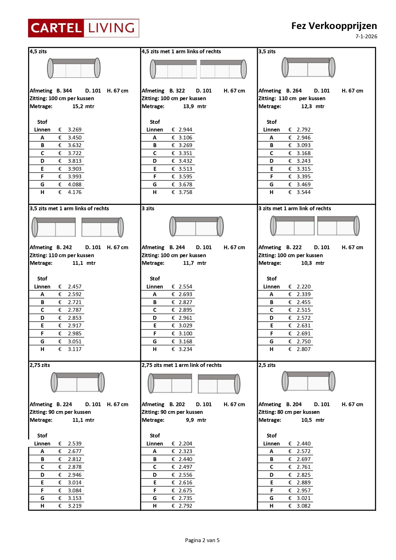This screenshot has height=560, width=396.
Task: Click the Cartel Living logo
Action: click(83, 28)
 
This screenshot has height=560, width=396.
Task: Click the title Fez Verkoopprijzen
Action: click(334, 26)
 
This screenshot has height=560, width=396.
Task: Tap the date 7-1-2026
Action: click(366, 36)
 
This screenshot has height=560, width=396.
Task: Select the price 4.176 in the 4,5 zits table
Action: click(74, 192)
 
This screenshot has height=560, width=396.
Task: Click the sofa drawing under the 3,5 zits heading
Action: click(308, 67)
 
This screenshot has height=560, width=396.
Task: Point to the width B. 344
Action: click(64, 91)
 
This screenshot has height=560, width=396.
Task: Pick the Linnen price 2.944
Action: click(185, 130)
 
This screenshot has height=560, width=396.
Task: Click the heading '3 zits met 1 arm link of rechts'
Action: click(295, 208)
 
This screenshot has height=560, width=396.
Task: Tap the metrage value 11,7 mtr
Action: click(195, 263)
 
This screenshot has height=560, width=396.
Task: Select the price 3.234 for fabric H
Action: click(185, 349)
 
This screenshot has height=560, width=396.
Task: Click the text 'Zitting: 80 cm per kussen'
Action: click(289, 412)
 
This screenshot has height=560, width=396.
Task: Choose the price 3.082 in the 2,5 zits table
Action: click(303, 506)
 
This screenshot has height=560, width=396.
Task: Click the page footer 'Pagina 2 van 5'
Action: click(202, 540)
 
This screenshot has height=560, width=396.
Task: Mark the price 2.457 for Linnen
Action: click(74, 287)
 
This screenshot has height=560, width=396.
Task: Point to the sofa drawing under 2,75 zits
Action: click(78, 382)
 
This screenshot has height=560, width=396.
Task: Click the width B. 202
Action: click(177, 404)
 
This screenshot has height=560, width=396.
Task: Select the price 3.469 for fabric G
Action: click(303, 184)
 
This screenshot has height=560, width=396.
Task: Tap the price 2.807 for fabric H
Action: click(303, 349)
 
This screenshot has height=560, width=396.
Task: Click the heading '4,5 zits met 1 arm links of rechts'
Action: click(181, 51)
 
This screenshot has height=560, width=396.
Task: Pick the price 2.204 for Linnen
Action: click(185, 444)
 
